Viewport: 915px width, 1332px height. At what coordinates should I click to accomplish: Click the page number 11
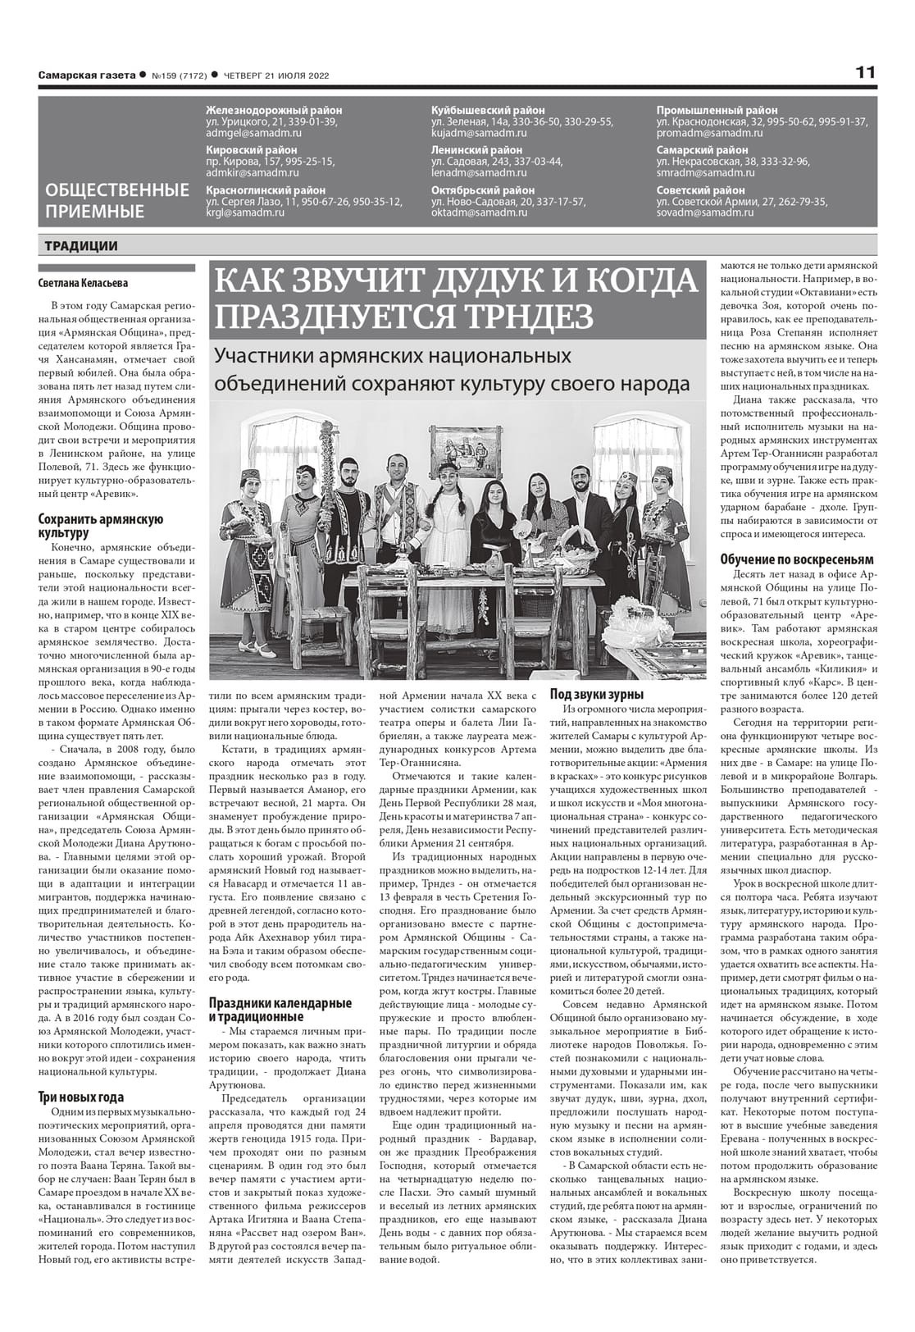pyautogui.click(x=866, y=72)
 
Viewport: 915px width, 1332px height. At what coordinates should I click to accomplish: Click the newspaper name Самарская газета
pyautogui.click(x=86, y=75)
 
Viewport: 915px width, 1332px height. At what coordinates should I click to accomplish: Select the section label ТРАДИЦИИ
pyautogui.click(x=81, y=246)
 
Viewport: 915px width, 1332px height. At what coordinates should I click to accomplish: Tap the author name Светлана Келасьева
pyautogui.click(x=83, y=284)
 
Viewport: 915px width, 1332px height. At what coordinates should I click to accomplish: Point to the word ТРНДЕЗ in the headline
pyautogui.click(x=519, y=316)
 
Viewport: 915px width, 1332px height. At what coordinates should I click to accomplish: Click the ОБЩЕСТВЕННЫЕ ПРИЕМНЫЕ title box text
pyautogui.click(x=117, y=201)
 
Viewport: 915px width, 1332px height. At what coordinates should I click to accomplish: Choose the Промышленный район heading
pyautogui.click(x=717, y=110)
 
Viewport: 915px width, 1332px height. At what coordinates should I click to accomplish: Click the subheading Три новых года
pyautogui.click(x=81, y=1097)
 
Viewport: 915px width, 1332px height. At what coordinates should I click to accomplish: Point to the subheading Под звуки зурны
pyautogui.click(x=596, y=693)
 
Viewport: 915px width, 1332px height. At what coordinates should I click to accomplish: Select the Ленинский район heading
pyautogui.click(x=476, y=150)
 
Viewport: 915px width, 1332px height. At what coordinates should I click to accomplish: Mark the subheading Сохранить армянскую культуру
pyautogui.click(x=101, y=526)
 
